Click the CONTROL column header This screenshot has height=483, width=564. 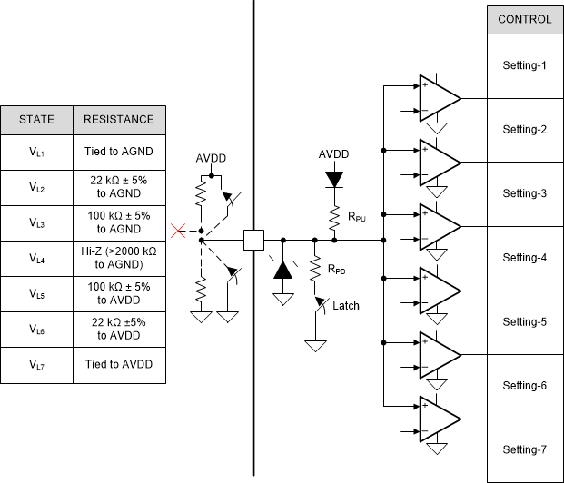[x=525, y=19]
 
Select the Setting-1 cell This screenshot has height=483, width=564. [x=525, y=65]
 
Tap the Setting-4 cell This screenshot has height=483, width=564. [x=525, y=258]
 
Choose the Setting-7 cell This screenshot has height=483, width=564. [x=525, y=449]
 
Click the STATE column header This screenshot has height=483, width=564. [x=37, y=119]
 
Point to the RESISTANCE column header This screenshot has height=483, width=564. [x=118, y=119]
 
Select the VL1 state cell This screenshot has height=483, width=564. [x=37, y=153]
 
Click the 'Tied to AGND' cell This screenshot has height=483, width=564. [x=118, y=153]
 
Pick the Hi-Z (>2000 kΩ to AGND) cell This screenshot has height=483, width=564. [x=118, y=259]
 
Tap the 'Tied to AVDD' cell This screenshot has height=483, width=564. [x=118, y=365]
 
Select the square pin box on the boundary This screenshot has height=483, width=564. [x=253, y=241]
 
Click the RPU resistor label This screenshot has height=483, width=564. [x=357, y=216]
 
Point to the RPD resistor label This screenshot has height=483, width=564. [x=338, y=270]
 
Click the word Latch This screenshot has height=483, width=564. [x=345, y=305]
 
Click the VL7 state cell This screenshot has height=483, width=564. [x=37, y=365]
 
